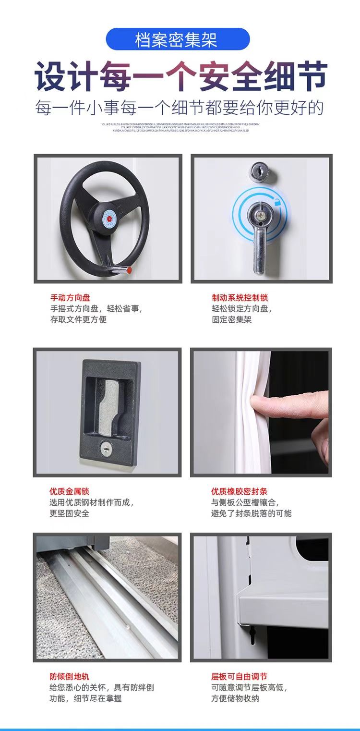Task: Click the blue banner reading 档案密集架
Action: (178, 39)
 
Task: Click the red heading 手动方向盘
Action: (70, 298)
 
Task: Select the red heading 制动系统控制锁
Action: (240, 298)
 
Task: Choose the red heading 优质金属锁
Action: (69, 491)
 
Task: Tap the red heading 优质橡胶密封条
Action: (239, 491)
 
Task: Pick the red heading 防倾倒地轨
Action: (69, 676)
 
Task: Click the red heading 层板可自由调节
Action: (239, 676)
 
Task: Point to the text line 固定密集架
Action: (231, 319)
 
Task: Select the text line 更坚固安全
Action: (69, 513)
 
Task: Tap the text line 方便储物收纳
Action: (235, 698)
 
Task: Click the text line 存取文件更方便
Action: (78, 319)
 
